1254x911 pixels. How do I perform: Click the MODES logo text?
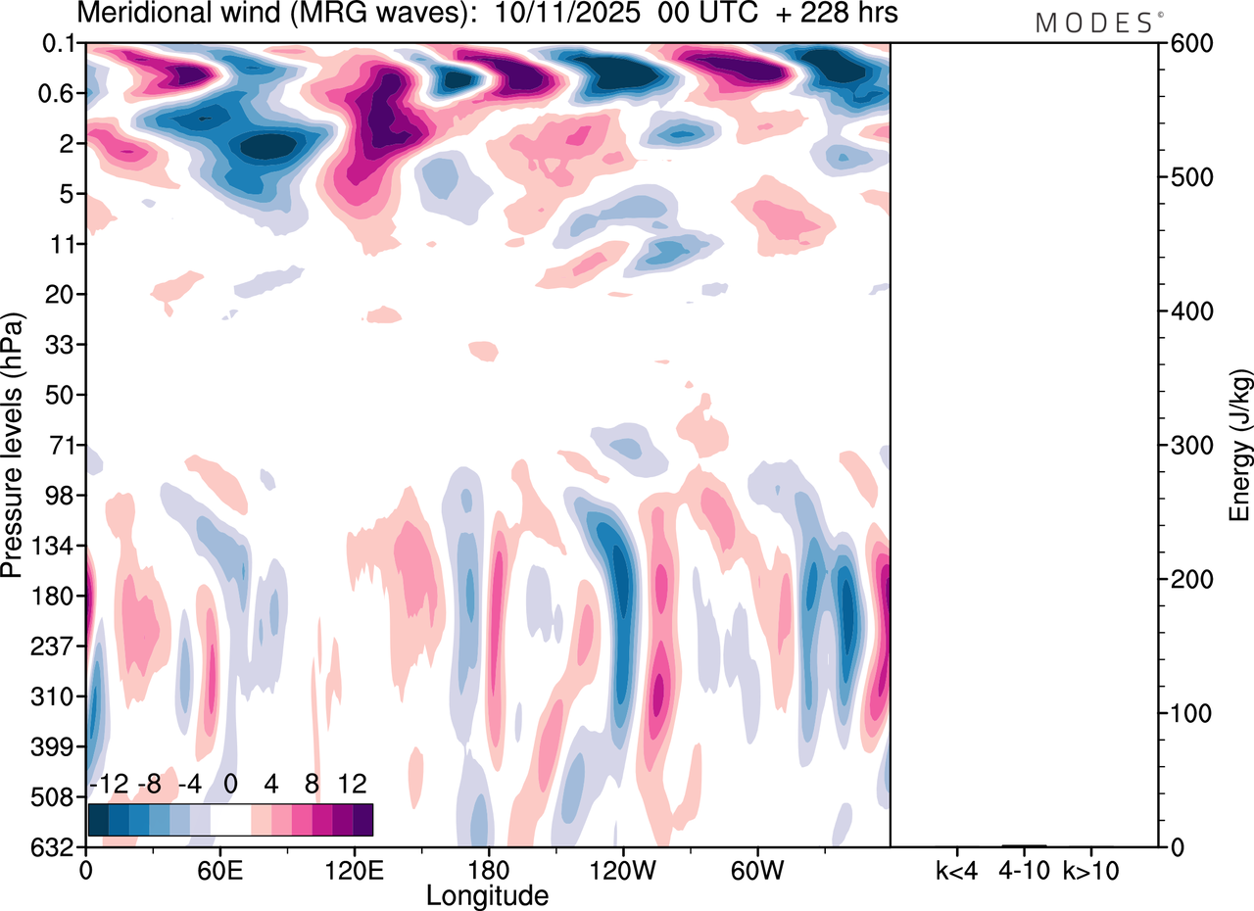tap(1092, 24)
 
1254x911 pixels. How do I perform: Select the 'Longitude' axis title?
tap(487, 894)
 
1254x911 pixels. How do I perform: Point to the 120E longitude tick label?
tap(354, 870)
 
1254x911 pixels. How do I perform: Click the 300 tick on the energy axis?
tap(1186, 446)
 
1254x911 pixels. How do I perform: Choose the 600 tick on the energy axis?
tap(1186, 44)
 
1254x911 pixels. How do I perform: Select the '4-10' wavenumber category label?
tap(1024, 870)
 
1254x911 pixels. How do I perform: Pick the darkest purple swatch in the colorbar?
tap(362, 819)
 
